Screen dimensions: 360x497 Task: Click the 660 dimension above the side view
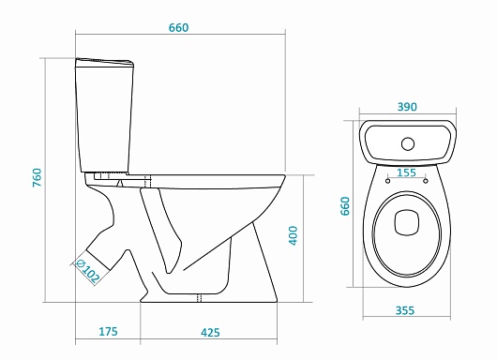[178, 27]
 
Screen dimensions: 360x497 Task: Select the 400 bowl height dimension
[294, 237]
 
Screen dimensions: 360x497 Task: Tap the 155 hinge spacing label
[407, 172]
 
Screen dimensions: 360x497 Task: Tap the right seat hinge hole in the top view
[427, 182]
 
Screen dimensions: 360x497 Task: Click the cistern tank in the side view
[104, 117]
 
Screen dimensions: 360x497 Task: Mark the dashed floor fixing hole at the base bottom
[200, 299]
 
